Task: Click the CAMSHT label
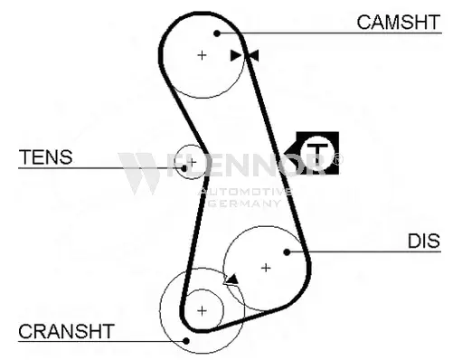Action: tap(399, 22)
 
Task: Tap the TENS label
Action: tap(45, 157)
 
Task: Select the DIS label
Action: tap(424, 241)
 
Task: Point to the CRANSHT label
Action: tap(66, 331)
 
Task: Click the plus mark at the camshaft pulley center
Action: tap(202, 55)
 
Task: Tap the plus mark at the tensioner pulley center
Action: tap(192, 162)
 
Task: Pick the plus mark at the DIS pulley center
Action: tap(266, 268)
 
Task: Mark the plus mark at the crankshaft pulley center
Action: tap(202, 310)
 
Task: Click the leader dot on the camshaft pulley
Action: tap(217, 33)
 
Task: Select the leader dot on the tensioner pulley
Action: tap(184, 168)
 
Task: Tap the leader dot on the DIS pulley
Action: tap(287, 252)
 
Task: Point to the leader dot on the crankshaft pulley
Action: tap(186, 341)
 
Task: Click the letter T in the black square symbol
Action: tap(317, 154)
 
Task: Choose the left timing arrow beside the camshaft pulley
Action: tap(236, 56)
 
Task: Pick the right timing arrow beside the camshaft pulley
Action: tap(253, 56)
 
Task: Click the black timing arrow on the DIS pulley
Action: tap(232, 279)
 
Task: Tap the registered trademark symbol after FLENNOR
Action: tap(338, 159)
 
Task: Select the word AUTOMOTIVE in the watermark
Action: tap(245, 192)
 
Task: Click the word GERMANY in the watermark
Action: tap(245, 204)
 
